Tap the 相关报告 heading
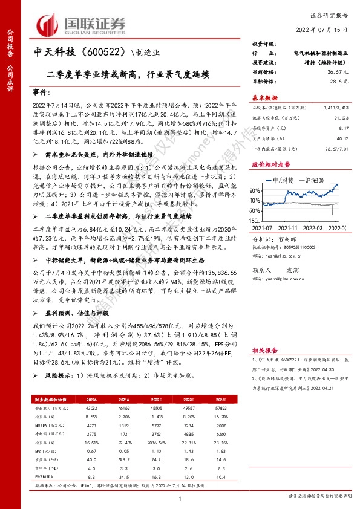click(x=266, y=350)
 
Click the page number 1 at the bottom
click(x=180, y=497)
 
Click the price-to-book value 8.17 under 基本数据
click(x=343, y=128)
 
